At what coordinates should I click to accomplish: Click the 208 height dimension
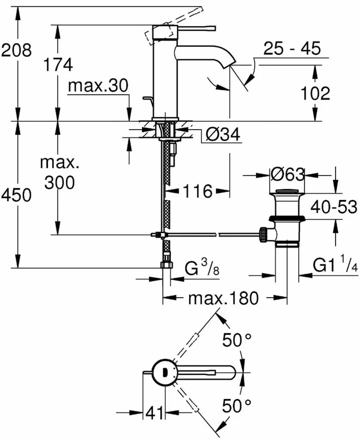17,51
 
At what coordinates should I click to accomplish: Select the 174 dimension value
58,65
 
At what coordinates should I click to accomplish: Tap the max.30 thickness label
98,86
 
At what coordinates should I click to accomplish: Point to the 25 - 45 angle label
292,48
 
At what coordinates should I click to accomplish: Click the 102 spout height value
315,93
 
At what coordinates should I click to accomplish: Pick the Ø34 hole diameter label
223,134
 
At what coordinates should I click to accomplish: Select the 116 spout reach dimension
198,191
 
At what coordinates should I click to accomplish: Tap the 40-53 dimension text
334,207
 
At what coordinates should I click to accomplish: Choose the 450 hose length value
16,195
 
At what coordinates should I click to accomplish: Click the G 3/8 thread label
202,267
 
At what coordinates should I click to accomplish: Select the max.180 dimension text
223,298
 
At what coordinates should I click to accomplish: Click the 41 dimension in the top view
154,413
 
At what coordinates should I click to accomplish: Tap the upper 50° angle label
237,340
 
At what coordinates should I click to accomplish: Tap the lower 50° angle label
237,406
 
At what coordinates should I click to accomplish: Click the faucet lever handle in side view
196,28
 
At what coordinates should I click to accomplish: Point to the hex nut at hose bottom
166,265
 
